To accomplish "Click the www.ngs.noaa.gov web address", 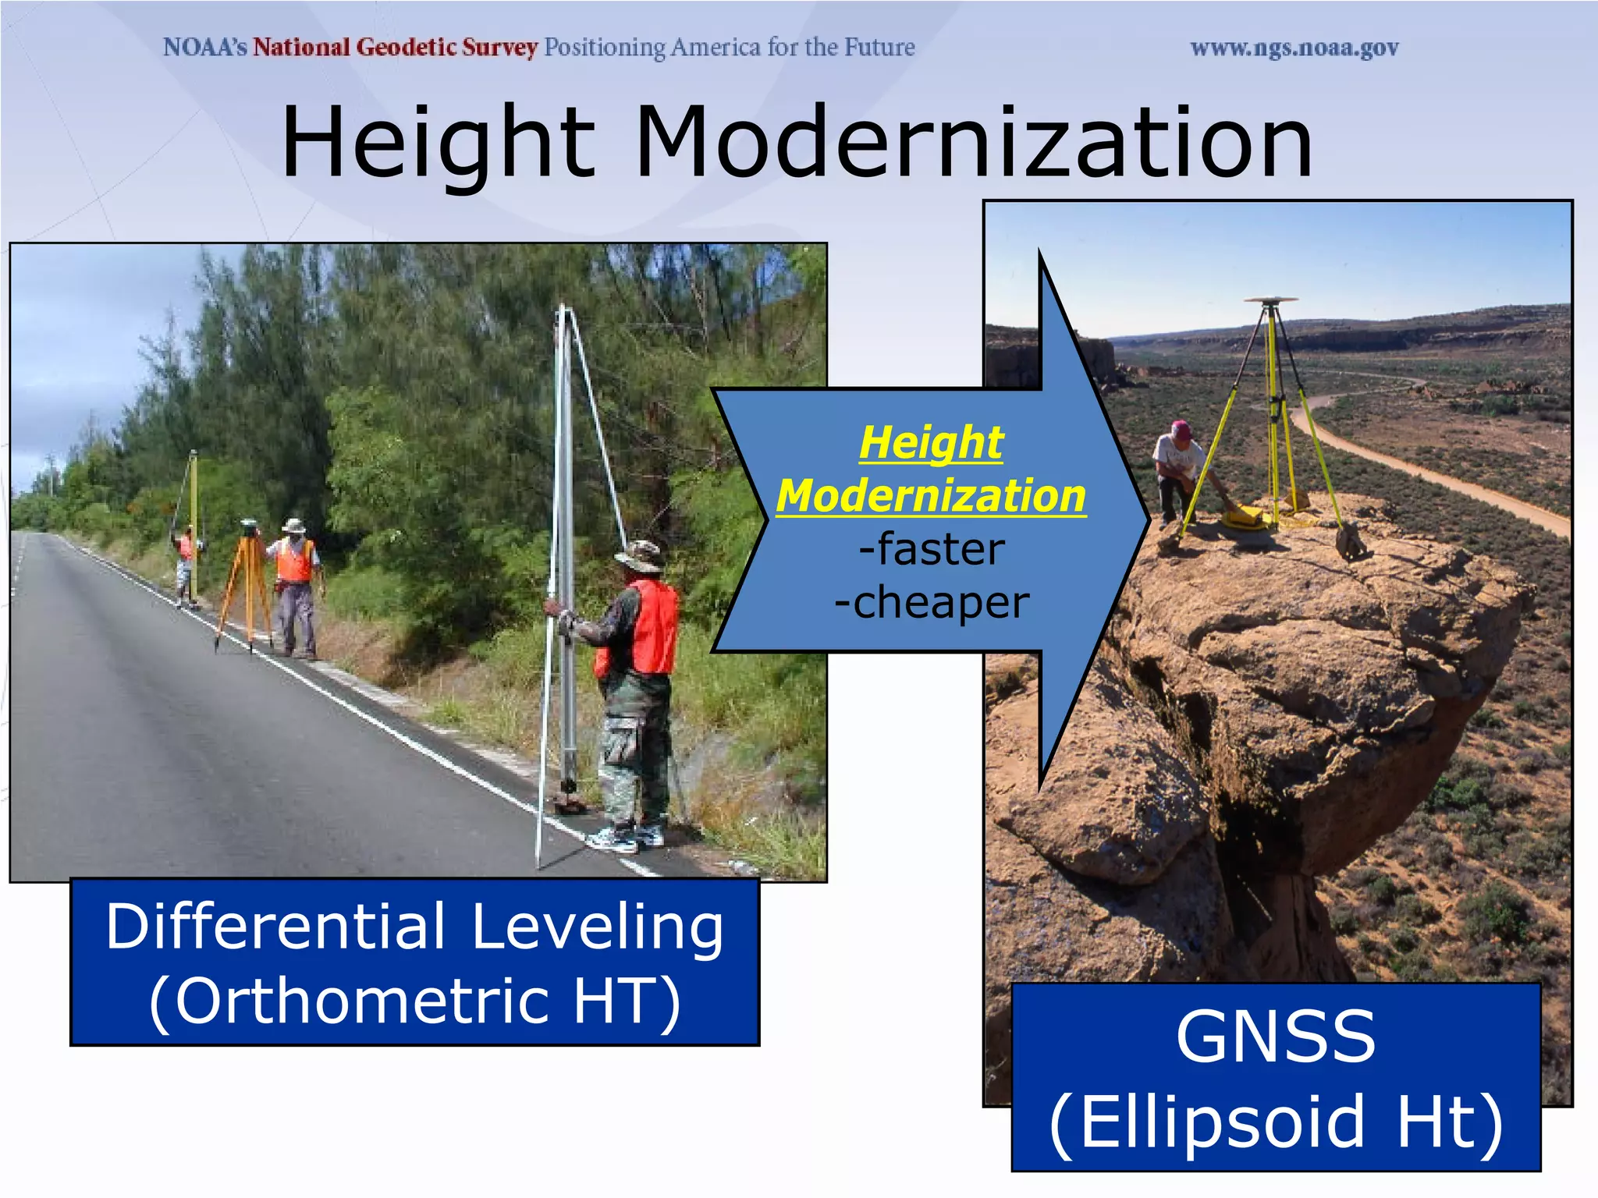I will click(x=1294, y=48).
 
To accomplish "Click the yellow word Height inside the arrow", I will click(x=931, y=443).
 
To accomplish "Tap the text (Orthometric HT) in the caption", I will click(x=415, y=1002).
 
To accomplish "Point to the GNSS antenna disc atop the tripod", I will click(x=1270, y=299).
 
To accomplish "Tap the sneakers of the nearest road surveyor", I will click(x=624, y=839).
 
